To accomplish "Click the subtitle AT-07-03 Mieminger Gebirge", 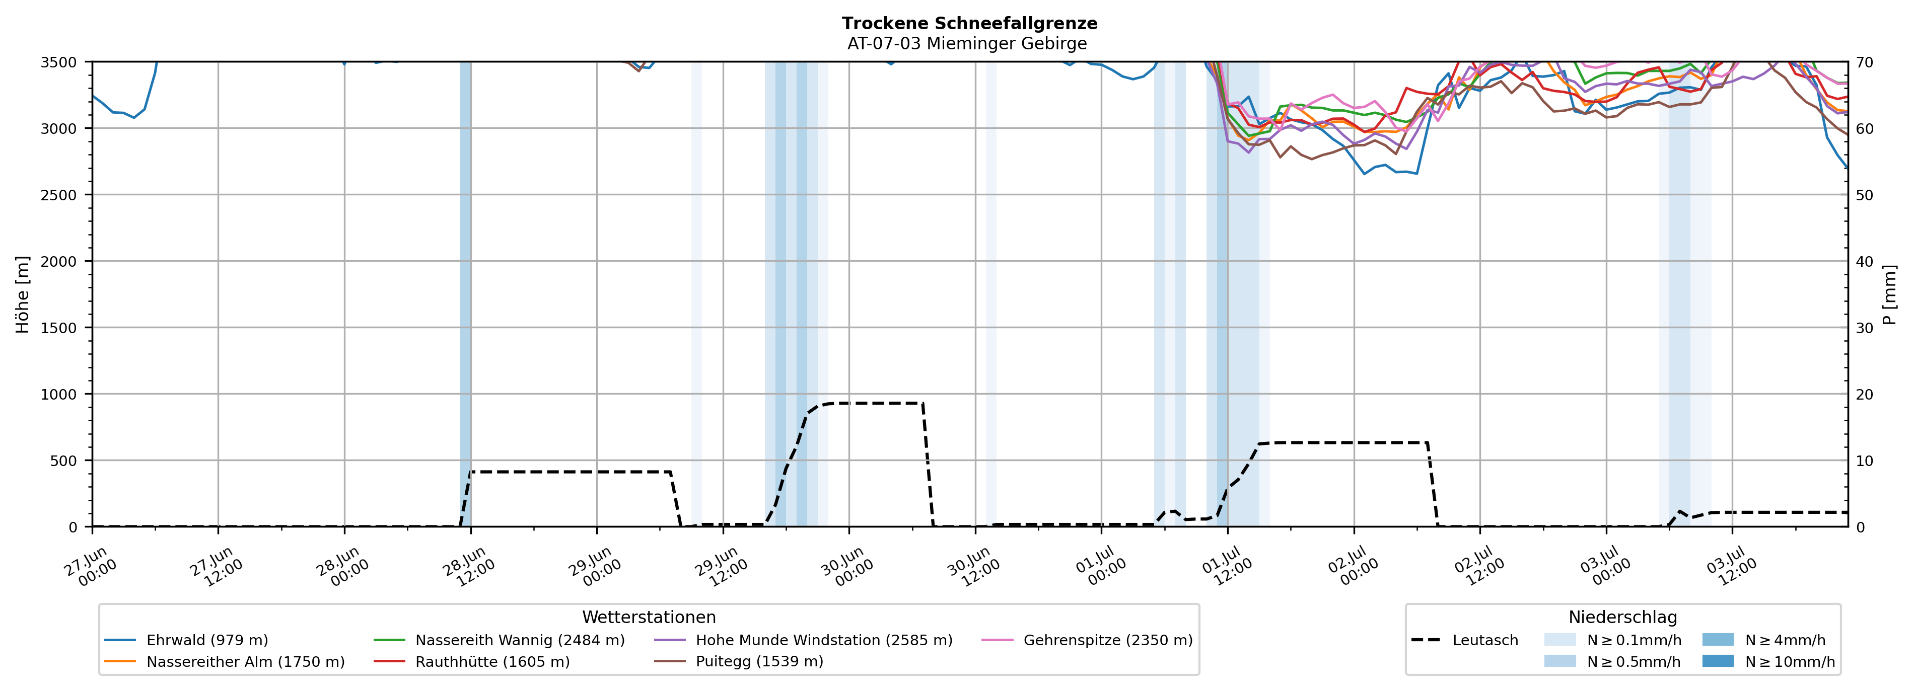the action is pos(967,44).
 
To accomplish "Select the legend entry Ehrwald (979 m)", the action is pos(186,640).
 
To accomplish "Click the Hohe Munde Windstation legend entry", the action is pos(803,640).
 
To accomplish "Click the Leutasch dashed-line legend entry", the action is pos(1464,640).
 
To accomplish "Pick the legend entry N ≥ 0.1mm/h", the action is pos(1612,640).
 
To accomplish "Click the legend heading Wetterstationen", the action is pos(649,617).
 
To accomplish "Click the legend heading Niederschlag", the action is pos(1623,617).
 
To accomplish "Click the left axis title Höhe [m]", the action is pos(23,294).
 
